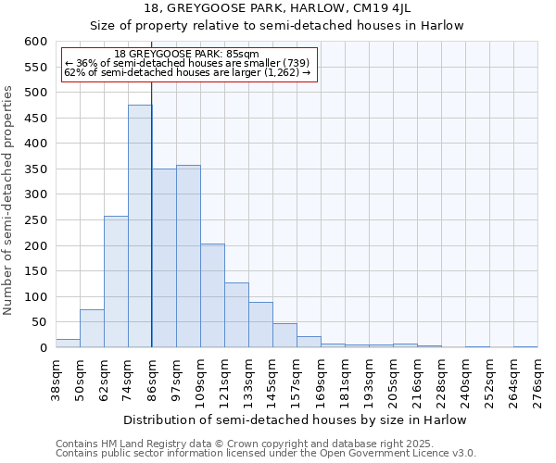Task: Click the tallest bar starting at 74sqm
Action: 140,227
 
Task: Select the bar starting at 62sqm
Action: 116,282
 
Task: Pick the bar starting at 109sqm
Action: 212,296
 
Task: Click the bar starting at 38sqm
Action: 68,344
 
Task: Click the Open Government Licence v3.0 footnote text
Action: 385,453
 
